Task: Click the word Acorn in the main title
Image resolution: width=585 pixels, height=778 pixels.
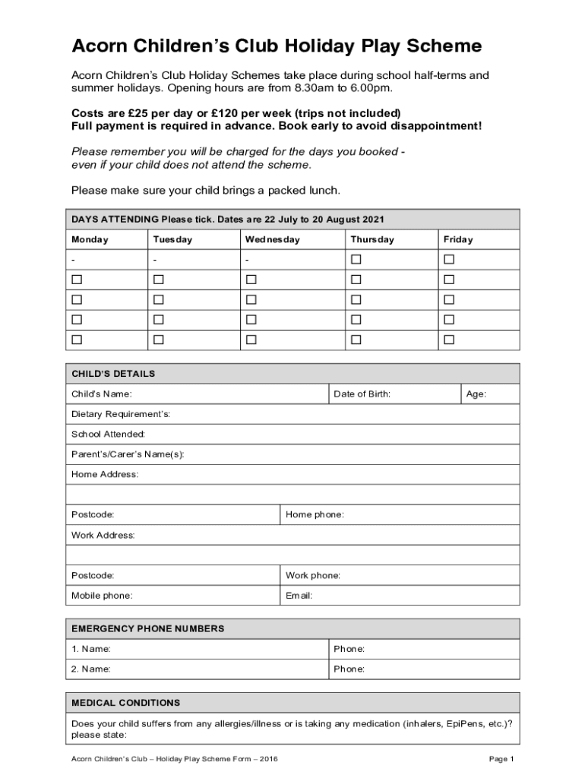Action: [99, 46]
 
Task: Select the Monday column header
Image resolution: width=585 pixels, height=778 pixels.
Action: [90, 239]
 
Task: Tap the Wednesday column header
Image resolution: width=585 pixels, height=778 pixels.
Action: [272, 239]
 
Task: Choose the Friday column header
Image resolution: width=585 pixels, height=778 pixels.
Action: [458, 239]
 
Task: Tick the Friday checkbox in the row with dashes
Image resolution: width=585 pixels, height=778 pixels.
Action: [449, 260]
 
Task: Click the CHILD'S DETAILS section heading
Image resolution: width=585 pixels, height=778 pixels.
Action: [113, 374]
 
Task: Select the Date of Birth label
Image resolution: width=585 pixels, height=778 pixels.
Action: [362, 394]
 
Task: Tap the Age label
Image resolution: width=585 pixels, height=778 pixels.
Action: [476, 394]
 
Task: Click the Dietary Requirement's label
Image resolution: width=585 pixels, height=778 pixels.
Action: [121, 414]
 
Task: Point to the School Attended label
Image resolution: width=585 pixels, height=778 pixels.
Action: [108, 434]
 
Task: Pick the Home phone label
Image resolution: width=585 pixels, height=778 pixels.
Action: [315, 515]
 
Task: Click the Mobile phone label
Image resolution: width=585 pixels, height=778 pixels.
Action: [102, 596]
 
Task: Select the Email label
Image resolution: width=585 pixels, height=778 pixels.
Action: [299, 596]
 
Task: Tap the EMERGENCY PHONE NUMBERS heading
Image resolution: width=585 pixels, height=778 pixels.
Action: [148, 629]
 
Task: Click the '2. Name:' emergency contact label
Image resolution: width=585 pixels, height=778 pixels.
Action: [91, 669]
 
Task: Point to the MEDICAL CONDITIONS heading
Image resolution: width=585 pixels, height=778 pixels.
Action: [126, 703]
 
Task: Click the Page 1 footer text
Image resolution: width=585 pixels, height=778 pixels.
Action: [502, 759]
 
